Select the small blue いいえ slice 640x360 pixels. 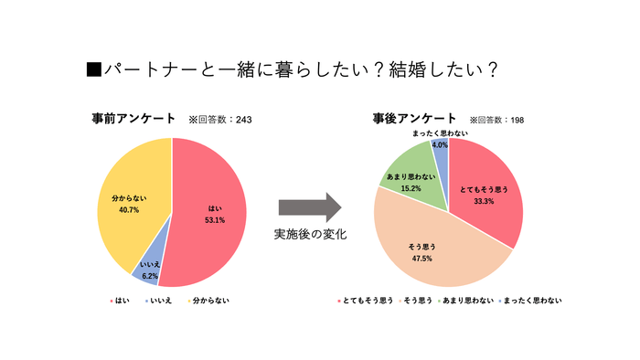tap(146, 270)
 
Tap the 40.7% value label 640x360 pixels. tap(129, 209)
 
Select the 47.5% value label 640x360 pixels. tap(422, 259)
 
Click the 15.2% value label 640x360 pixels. tap(411, 188)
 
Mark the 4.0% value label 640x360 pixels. tap(440, 144)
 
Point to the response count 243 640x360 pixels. tap(244, 120)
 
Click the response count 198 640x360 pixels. tap(517, 120)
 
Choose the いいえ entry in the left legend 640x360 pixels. tap(163, 300)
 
